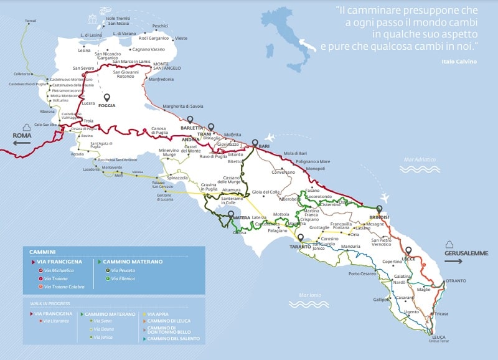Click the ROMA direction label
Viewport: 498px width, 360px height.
(x=22, y=135)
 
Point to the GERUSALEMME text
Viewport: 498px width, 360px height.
(x=466, y=253)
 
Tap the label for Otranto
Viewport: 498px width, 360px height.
(x=455, y=281)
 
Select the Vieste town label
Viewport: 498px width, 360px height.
(x=181, y=38)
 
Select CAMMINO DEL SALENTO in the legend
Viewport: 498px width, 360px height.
(x=171, y=338)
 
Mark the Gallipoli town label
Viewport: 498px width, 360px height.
(x=381, y=300)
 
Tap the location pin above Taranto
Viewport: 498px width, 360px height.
(x=301, y=238)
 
